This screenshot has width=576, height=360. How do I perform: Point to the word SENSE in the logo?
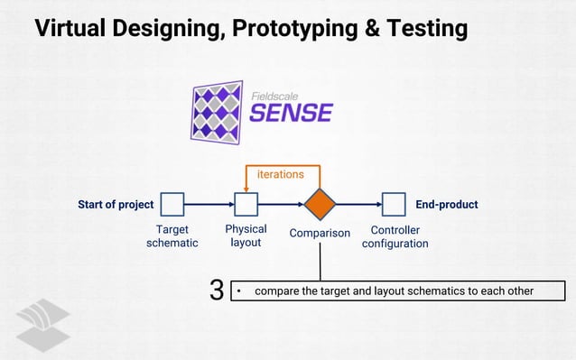(291, 113)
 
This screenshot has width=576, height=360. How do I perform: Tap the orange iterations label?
(280, 173)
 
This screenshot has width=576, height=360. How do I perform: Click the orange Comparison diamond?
(320, 205)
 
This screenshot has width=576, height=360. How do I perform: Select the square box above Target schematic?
(172, 205)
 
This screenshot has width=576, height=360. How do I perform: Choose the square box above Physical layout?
(246, 205)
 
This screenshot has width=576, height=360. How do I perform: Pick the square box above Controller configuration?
(394, 205)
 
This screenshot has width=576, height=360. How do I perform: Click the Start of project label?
(116, 205)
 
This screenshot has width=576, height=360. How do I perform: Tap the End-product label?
(446, 205)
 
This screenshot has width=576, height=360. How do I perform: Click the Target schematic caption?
(172, 236)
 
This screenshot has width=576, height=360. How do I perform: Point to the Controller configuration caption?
(395, 236)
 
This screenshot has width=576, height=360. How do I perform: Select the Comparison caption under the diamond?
(320, 234)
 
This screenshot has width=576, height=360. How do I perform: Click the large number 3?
(216, 291)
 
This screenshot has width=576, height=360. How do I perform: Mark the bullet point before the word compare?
(239, 291)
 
